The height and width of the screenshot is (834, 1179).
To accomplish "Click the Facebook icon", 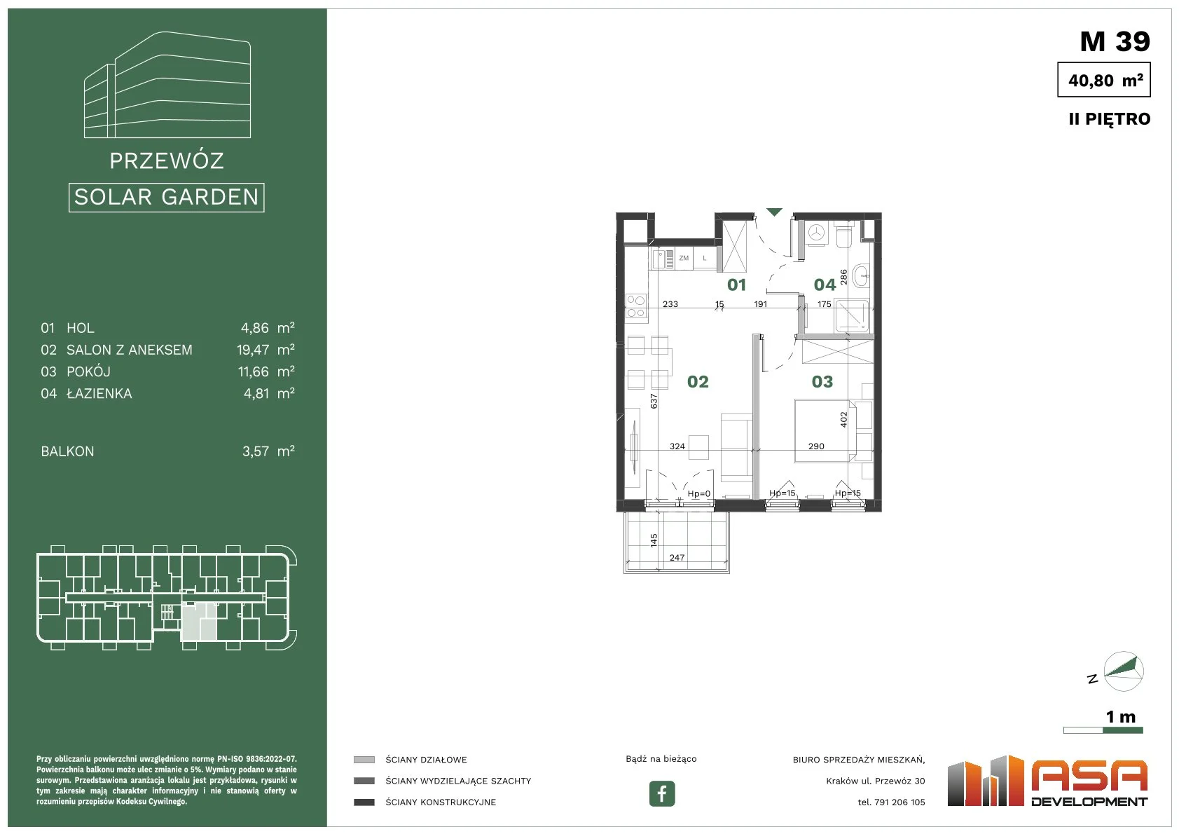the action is (661, 793).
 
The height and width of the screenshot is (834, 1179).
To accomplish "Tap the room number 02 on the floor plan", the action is (698, 381).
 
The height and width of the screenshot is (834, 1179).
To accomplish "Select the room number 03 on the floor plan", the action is (822, 381).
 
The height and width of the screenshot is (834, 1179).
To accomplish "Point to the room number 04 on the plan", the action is (825, 285).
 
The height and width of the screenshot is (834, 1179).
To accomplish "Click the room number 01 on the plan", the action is (736, 285).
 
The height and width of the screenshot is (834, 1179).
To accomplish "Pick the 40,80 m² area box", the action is (1104, 79).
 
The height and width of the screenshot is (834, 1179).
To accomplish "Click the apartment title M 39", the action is (1115, 41).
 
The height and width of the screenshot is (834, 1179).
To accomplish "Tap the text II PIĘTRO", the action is (1110, 119).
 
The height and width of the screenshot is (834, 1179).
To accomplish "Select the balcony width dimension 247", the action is (677, 558).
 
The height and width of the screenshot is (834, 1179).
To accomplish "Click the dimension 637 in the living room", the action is (654, 401).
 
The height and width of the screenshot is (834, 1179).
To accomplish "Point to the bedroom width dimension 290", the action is (816, 446).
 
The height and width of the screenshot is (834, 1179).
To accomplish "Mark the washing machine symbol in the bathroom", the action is (816, 233).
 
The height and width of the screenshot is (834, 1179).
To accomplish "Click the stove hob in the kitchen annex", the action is (636, 306).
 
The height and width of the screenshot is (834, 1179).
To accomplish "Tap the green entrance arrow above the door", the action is (773, 212).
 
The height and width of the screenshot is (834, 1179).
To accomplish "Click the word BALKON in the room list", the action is (67, 451).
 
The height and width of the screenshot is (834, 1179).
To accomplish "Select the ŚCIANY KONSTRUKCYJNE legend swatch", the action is (364, 802).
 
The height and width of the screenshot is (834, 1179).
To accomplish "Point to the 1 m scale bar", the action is (1103, 730).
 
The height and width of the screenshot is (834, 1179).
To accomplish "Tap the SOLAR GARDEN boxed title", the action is (166, 198).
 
